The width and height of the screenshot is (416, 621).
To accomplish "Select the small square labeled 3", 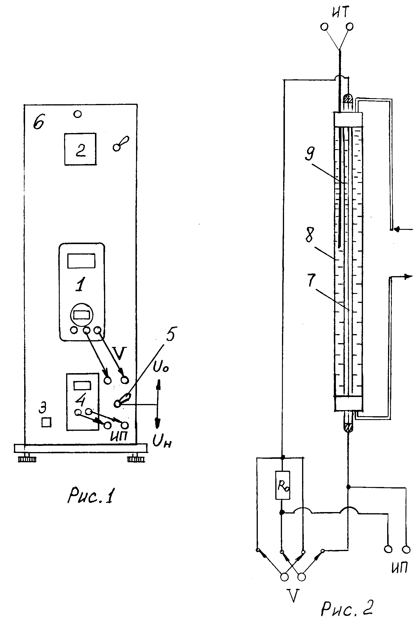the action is [46, 422].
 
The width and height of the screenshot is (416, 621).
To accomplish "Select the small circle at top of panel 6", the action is [77, 114].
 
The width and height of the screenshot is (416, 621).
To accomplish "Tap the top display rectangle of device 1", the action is [81, 261].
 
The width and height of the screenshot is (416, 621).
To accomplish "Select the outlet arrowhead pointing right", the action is [409, 276].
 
